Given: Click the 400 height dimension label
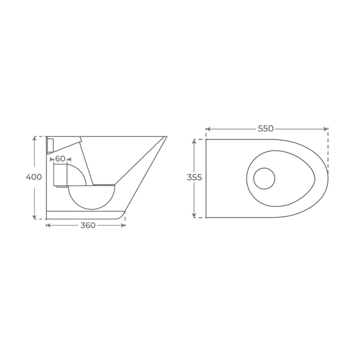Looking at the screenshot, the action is (34, 177).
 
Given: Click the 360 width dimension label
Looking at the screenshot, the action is (88, 226).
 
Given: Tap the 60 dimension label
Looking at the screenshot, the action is (60, 159).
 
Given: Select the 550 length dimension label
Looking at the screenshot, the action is (265, 129).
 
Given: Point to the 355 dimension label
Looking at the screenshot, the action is (194, 178).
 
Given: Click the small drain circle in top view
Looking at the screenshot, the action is (264, 179).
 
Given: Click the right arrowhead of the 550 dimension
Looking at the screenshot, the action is (326, 129).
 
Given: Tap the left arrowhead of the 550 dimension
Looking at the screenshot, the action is (208, 129).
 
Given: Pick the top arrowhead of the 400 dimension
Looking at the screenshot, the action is (35, 138).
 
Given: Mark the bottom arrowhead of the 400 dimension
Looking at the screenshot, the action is (35, 217).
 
